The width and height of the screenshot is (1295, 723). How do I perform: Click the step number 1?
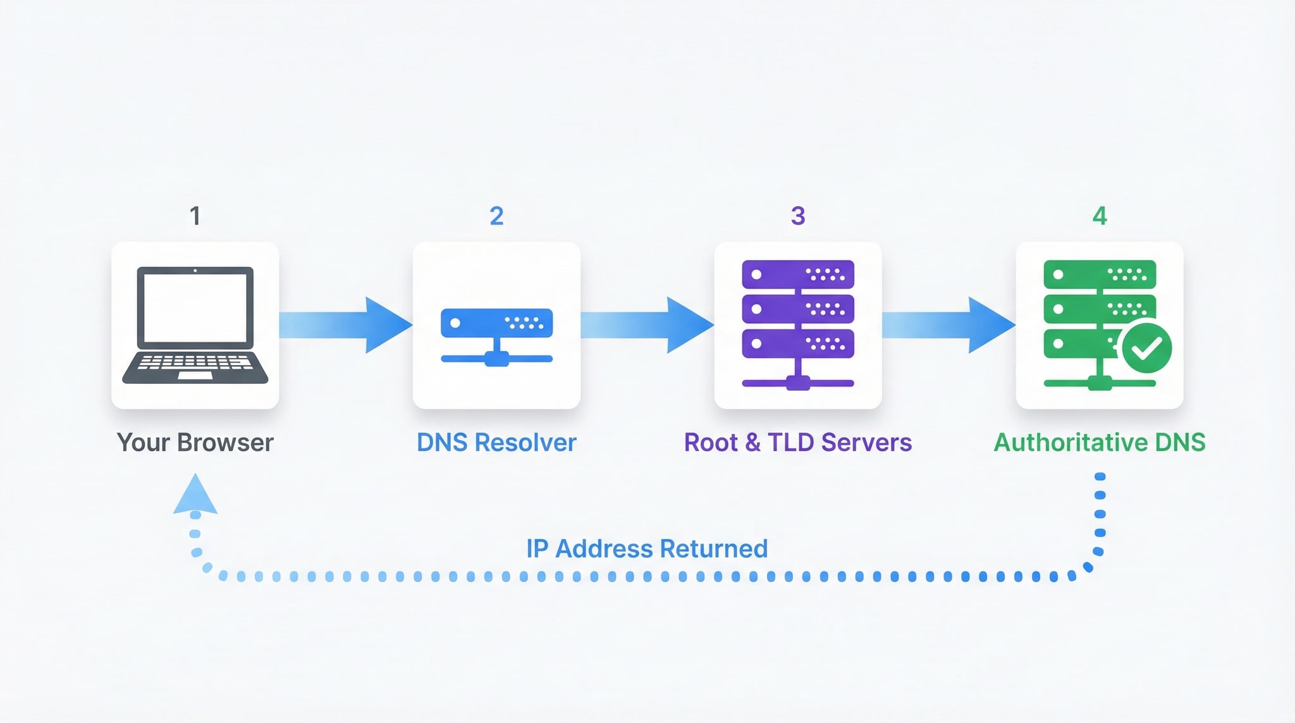[x=195, y=216]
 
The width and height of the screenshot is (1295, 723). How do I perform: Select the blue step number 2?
[x=496, y=216]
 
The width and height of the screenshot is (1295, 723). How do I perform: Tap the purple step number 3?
[x=798, y=216]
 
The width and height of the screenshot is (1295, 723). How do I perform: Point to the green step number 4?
[x=1100, y=216]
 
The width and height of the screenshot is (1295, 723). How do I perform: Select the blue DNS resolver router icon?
[x=496, y=335]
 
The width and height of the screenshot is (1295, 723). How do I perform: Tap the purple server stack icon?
[x=798, y=324]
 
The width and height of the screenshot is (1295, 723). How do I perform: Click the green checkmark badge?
[x=1146, y=348]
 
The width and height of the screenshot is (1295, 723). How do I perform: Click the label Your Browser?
[x=195, y=443]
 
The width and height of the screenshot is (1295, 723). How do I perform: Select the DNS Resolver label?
[x=496, y=443]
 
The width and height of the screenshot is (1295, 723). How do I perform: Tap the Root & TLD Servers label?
[x=798, y=443]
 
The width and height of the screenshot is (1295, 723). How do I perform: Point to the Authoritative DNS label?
[x=1100, y=443]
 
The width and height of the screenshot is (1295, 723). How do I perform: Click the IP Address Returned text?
[x=647, y=548]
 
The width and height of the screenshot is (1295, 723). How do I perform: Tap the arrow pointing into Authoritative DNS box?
[x=948, y=324]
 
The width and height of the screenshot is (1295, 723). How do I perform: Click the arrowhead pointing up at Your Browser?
[x=195, y=495]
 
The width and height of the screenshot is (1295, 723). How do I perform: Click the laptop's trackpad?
[x=195, y=375]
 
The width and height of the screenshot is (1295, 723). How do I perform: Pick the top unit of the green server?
[x=1100, y=275]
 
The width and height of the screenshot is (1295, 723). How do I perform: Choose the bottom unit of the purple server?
[x=798, y=343]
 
